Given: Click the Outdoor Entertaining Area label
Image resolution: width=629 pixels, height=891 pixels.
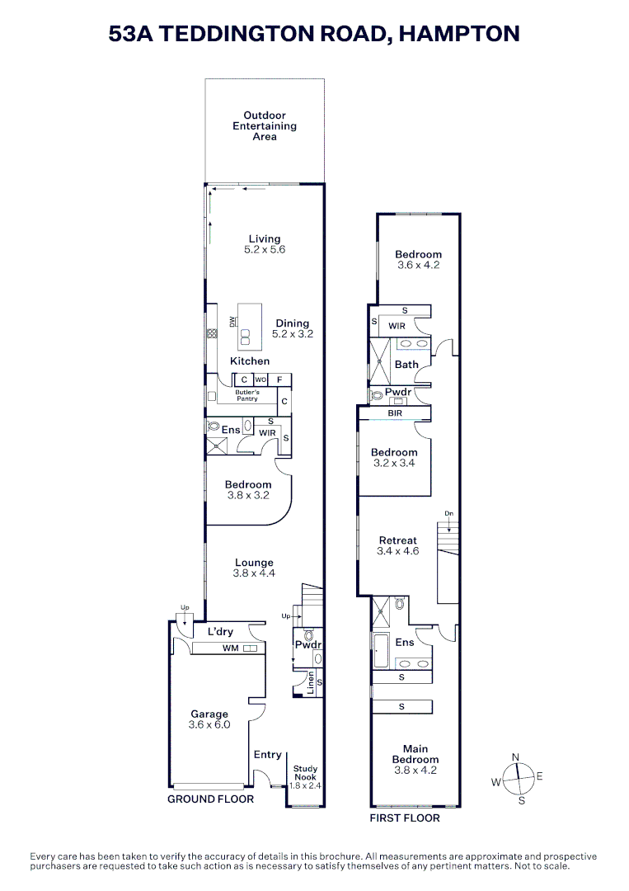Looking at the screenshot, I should click(x=265, y=126).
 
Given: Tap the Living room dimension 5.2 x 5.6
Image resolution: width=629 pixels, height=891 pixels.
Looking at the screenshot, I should click(x=265, y=249).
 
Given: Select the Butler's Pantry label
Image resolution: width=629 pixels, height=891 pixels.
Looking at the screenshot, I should click(x=246, y=395).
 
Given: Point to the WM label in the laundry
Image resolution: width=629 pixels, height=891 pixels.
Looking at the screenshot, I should click(x=230, y=649).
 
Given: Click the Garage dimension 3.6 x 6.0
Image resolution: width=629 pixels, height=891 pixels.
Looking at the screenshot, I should click(x=209, y=724).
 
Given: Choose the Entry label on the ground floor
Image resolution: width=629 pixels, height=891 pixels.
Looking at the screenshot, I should click(x=268, y=754).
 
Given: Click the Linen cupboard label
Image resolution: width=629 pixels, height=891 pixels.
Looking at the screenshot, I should click(x=311, y=683).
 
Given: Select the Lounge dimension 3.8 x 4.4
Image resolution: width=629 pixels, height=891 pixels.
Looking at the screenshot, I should click(x=254, y=573).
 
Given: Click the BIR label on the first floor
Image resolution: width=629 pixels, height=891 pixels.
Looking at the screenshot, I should click(x=394, y=412).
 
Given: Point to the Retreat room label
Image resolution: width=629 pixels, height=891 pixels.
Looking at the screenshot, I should click(x=397, y=540).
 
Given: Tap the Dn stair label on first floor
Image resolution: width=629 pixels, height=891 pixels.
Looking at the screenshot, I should click(x=448, y=513).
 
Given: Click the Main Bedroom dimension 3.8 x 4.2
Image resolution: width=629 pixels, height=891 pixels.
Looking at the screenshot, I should click(x=415, y=770).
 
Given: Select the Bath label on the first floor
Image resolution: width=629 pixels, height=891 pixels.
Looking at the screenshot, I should click(x=406, y=364).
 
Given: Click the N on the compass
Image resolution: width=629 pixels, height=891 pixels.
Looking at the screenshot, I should click(x=516, y=757).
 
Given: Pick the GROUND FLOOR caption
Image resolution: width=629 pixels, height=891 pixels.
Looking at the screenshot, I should click(x=210, y=799).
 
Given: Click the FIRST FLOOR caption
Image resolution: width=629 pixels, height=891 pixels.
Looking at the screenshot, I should click(x=405, y=818).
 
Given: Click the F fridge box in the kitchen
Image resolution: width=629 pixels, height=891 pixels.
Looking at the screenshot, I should click(x=280, y=379).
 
